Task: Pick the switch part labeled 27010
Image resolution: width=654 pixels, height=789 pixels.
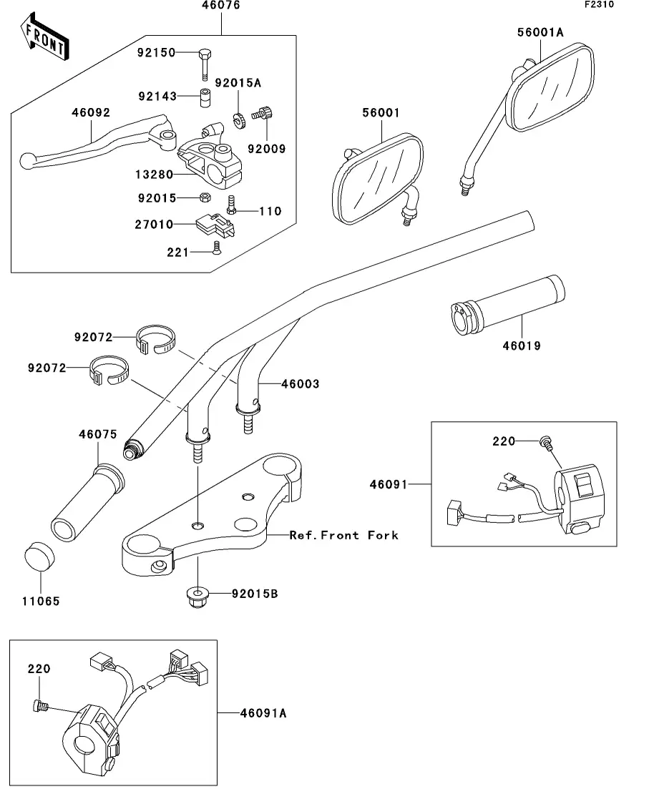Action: point(213,225)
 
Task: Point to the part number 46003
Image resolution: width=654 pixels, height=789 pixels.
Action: point(300,384)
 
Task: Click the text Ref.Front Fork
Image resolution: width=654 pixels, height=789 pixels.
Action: point(343,535)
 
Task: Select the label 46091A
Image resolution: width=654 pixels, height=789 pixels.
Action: point(263,712)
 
